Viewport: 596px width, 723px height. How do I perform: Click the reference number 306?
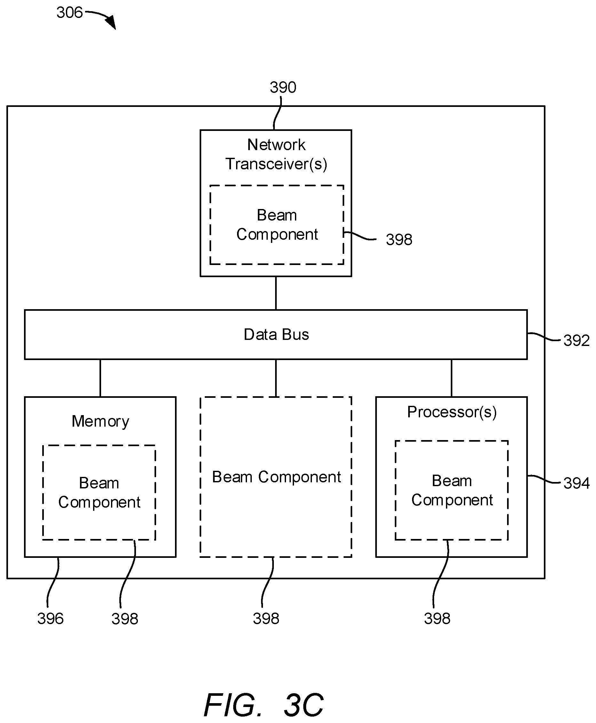(x=70, y=13)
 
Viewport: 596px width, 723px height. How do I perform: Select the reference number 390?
(x=283, y=87)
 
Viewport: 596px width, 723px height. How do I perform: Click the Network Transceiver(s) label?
(x=276, y=154)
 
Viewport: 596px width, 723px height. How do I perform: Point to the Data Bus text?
(x=276, y=334)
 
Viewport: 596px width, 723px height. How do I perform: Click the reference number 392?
(x=576, y=341)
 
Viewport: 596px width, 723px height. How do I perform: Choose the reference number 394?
(x=576, y=483)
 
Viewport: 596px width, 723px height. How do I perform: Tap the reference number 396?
(x=51, y=619)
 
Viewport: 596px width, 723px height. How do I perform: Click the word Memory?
(x=100, y=421)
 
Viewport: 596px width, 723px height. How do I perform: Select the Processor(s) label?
(x=452, y=412)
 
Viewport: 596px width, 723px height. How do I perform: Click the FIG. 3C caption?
(x=264, y=705)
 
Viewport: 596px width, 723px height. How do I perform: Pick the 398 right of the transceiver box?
(x=399, y=239)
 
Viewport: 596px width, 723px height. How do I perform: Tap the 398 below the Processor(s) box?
(x=437, y=618)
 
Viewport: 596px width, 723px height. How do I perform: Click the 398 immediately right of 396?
(x=125, y=619)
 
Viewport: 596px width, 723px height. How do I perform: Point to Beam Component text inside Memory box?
(x=99, y=493)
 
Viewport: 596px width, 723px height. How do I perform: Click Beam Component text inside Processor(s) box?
(x=452, y=490)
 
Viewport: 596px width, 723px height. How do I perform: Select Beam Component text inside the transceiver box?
(x=277, y=225)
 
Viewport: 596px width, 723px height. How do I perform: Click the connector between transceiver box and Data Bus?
(x=276, y=293)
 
